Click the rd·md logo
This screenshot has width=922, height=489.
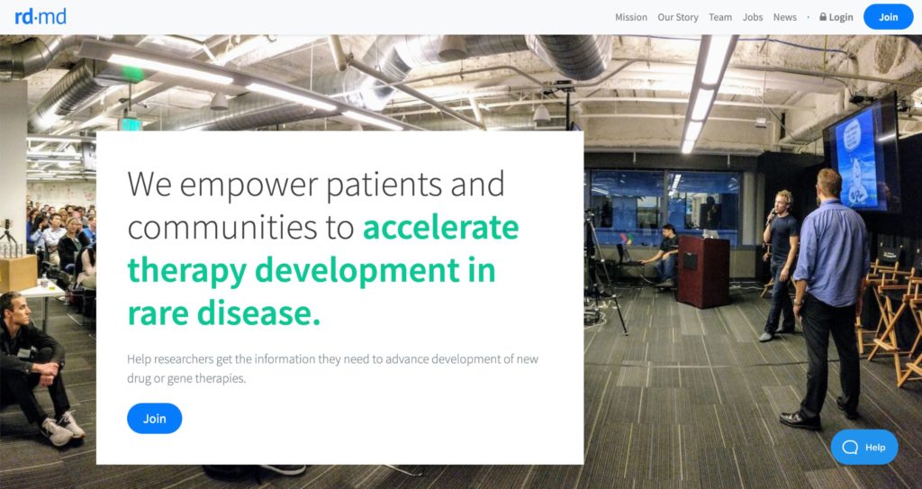(41, 16)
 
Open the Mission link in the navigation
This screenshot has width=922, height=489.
(631, 17)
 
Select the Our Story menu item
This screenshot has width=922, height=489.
(678, 17)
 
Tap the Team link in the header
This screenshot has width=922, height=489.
(720, 17)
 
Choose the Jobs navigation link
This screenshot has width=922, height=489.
(753, 17)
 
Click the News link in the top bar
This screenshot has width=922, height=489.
(785, 17)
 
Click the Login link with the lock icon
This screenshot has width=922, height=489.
(836, 17)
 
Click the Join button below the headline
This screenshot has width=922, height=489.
(155, 419)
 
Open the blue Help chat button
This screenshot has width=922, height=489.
(864, 448)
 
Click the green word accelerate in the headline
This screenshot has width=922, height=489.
(441, 228)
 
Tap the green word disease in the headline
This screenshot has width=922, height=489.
(258, 312)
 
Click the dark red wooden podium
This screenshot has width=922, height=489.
(703, 271)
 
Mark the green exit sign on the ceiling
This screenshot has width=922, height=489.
(130, 124)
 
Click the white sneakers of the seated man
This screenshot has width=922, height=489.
(63, 428)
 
